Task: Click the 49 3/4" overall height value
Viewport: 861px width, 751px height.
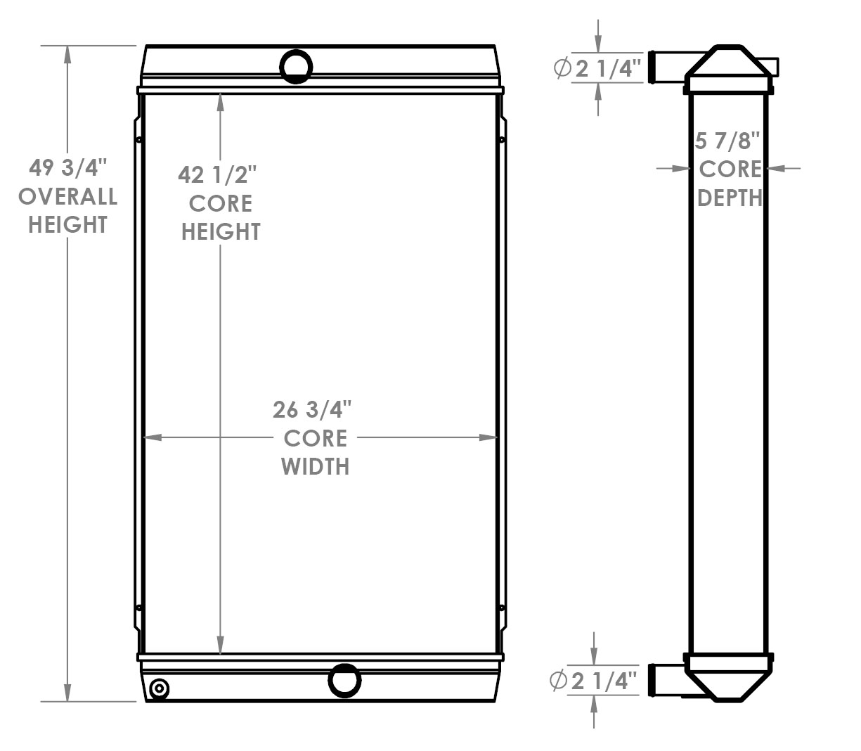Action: (68, 168)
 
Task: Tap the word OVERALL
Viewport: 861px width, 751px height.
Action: (68, 196)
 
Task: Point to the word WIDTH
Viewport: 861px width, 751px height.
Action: (316, 466)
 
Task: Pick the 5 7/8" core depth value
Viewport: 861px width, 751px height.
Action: (728, 141)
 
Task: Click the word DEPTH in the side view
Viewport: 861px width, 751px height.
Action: (730, 198)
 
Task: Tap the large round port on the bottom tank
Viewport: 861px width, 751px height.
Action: (344, 680)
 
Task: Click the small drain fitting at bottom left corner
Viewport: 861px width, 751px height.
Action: (160, 689)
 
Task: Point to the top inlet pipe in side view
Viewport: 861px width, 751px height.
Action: (666, 68)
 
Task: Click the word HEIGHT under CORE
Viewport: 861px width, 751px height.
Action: (221, 231)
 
